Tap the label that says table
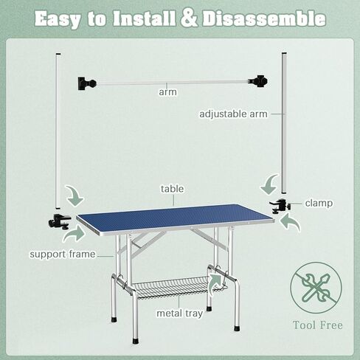pos(172,189)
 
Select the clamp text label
pos(318,203)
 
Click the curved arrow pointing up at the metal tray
pos(215,284)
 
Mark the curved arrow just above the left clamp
pos(75,195)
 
